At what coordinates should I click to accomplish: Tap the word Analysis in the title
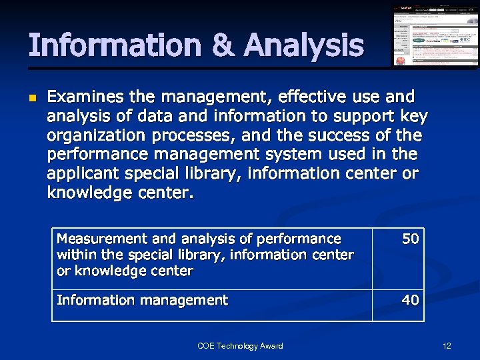304,45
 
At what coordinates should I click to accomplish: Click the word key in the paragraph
414,116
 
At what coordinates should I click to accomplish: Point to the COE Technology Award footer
240,345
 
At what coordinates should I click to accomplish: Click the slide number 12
447,345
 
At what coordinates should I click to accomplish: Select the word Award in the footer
270,345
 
